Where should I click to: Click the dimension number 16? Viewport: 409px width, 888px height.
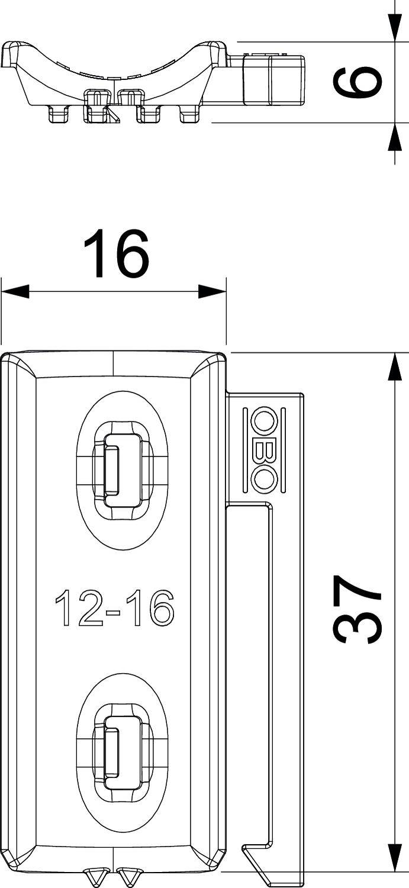pyautogui.click(x=116, y=255)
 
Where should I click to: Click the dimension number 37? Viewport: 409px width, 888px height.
pyautogui.click(x=356, y=610)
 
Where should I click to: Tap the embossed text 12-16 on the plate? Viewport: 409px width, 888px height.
pyautogui.click(x=114, y=608)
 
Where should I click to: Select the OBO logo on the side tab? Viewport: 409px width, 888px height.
pyautogui.click(x=264, y=450)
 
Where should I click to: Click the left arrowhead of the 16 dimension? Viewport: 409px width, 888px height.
pyautogui.click(x=15, y=291)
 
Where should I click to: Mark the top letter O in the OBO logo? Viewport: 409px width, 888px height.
pyautogui.click(x=264, y=422)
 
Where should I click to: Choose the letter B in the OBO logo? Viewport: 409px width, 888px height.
pyautogui.click(x=264, y=450)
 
